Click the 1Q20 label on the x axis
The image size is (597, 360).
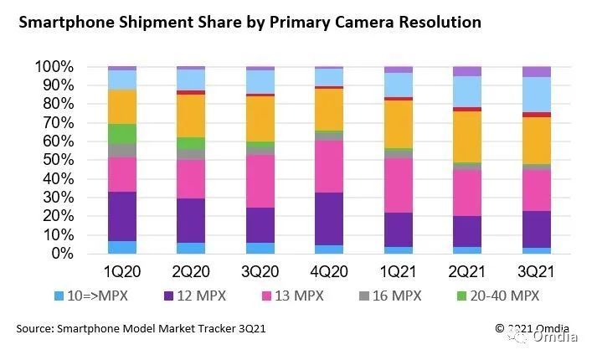coord(122,274)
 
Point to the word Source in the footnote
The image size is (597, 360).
coord(36,328)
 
